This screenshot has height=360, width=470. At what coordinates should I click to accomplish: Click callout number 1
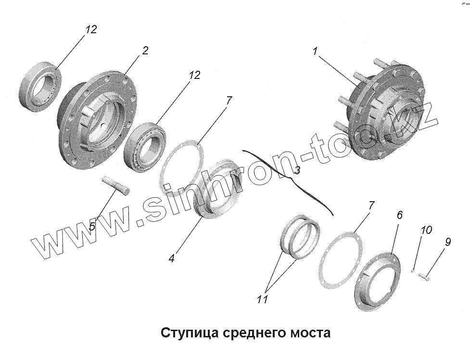click(315, 51)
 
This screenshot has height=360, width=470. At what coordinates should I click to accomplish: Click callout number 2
click(145, 51)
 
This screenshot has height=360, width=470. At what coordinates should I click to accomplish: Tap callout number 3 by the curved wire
click(297, 170)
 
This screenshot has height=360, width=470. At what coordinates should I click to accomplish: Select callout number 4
click(172, 258)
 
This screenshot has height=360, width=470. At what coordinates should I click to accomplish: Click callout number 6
click(400, 215)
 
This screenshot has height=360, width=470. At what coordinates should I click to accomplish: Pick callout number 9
click(447, 242)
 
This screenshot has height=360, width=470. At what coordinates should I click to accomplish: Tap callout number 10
click(426, 230)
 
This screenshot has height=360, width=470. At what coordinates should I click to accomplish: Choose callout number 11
click(262, 299)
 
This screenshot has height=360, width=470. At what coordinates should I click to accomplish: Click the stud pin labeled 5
click(116, 186)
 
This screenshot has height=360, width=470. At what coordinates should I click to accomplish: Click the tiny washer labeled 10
click(413, 271)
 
